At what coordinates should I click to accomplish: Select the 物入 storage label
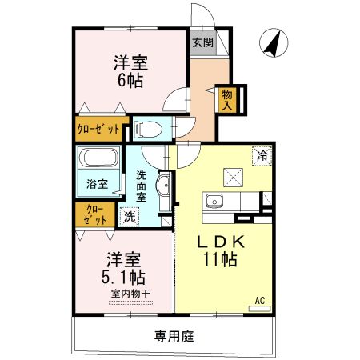click(x=227, y=98)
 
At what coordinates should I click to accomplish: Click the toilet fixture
click(x=147, y=128)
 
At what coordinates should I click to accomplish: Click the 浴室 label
click(x=98, y=184)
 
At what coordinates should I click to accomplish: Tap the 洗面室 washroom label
click(x=142, y=185)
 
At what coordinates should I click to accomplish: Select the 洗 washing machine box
click(x=128, y=214)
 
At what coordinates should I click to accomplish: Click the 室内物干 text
click(x=130, y=293)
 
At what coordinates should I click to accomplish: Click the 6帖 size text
click(x=130, y=80)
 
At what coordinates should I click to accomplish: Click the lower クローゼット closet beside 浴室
click(x=94, y=214)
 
